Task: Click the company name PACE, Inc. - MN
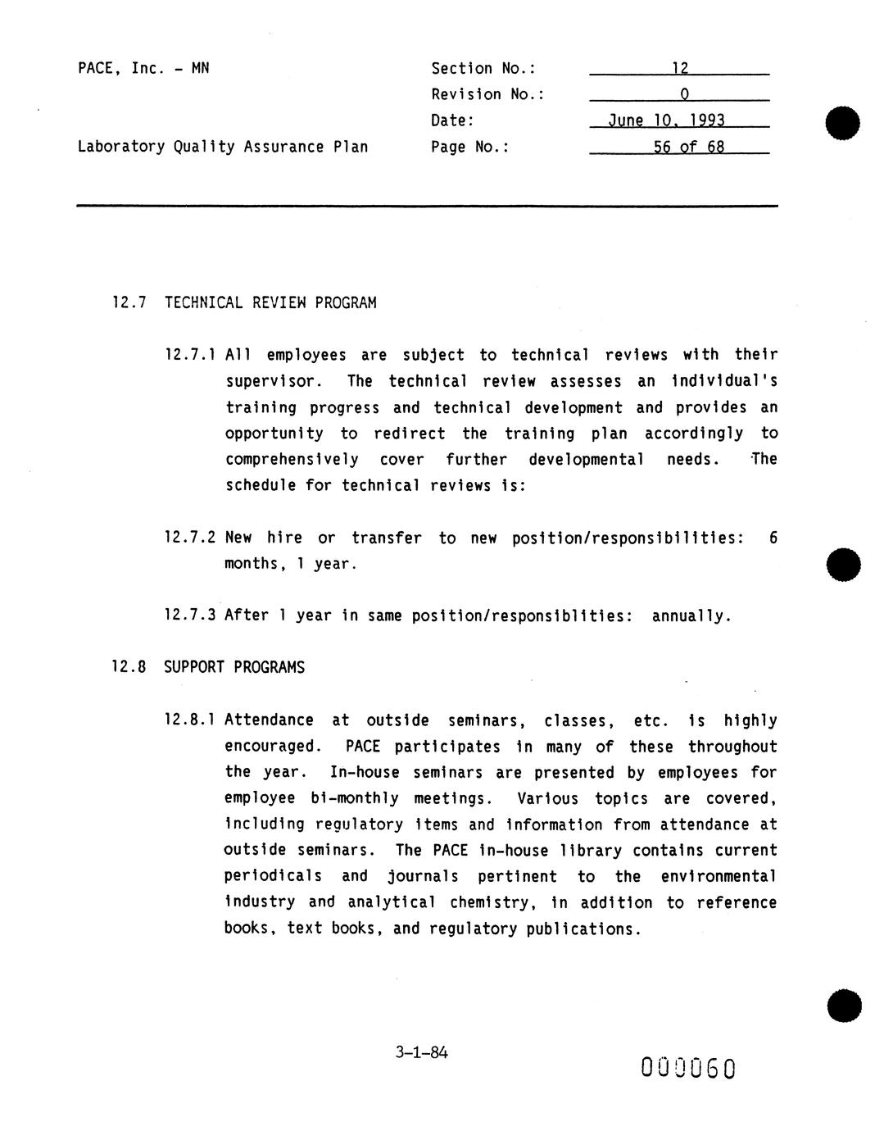point(143,68)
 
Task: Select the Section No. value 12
point(679,69)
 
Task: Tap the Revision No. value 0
point(684,94)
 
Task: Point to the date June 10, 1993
point(666,120)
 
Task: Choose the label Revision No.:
point(487,94)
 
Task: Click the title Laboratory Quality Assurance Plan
point(222,147)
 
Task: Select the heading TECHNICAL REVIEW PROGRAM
point(270,303)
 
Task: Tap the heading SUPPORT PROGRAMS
point(234,667)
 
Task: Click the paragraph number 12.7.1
point(190,355)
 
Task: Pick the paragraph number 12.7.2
point(190,538)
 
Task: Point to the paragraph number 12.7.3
point(190,615)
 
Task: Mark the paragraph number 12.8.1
point(190,720)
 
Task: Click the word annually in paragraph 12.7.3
point(691,615)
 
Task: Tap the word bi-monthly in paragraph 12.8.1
point(355,798)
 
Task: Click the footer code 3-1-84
point(421,1052)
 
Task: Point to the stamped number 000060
point(688,1068)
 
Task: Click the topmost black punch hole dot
point(843,123)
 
